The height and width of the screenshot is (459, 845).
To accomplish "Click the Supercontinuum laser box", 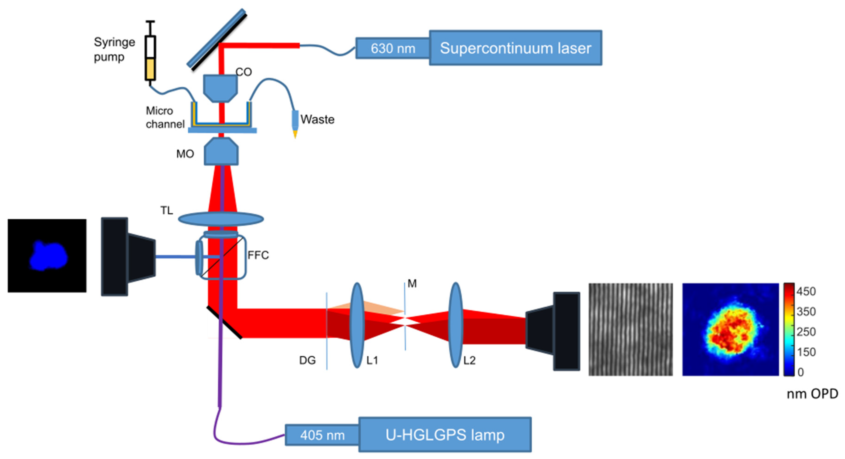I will point(515,48).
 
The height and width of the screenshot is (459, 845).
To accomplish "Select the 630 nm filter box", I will point(393,48).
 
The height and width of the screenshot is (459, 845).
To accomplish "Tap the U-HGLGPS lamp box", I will point(445,435).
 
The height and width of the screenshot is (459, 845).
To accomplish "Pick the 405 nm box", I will point(322,435).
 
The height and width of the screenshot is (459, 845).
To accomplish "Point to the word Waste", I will point(317,119).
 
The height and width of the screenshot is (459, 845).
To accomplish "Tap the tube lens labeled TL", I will point(221,219).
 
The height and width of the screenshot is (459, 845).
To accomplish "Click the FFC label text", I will point(258,255).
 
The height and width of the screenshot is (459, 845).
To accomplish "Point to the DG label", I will point(307,360).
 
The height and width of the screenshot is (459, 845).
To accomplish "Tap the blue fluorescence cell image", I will point(47,256).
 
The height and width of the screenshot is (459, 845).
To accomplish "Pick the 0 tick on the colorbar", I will point(801,372).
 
